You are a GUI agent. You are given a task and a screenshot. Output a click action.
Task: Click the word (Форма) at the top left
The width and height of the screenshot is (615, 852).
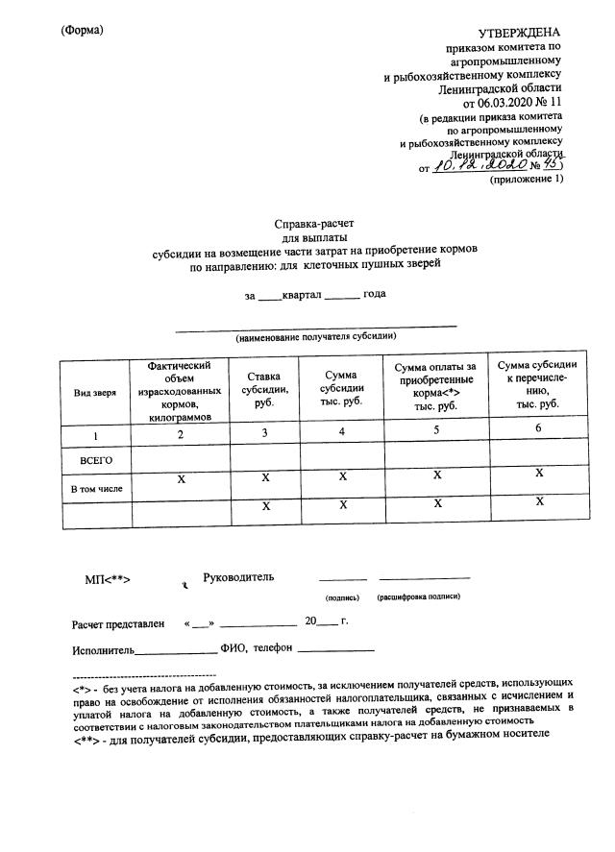tap(81, 30)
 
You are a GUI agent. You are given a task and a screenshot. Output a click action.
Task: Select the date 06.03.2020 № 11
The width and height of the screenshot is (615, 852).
tap(512, 101)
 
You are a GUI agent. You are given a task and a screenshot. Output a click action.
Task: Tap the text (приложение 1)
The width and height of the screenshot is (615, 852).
tap(526, 180)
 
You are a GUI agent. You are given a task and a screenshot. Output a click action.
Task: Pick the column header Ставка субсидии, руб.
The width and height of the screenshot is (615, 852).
tap(265, 391)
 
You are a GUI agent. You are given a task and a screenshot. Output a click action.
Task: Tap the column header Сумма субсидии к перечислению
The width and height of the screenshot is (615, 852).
tap(536, 384)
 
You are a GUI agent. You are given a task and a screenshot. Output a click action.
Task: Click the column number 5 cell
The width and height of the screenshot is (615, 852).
tap(435, 431)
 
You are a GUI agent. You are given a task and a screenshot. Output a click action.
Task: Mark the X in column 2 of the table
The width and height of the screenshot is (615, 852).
tap(181, 477)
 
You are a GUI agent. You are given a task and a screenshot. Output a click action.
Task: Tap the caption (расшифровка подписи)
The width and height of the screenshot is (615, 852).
tap(419, 597)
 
